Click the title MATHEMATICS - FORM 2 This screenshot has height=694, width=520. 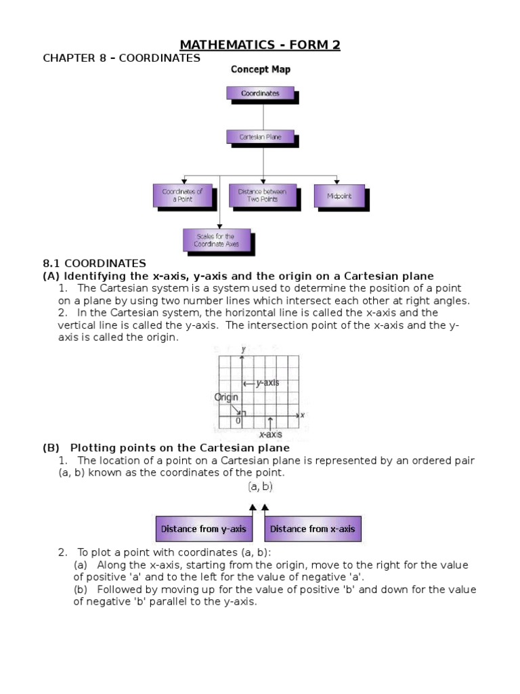click(x=260, y=45)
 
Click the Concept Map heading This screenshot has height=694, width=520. click(x=261, y=69)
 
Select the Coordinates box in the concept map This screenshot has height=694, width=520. click(x=259, y=94)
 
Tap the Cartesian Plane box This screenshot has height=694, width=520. click(x=259, y=136)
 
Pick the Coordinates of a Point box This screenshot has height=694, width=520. click(x=182, y=195)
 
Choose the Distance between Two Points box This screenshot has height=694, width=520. click(x=262, y=195)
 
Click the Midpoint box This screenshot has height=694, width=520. click(x=339, y=195)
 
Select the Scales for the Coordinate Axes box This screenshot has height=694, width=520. click(x=216, y=240)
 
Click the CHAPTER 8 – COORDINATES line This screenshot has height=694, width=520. click(x=121, y=58)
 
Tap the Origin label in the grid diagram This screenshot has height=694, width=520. click(x=226, y=397)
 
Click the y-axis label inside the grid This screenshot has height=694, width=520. click(x=267, y=383)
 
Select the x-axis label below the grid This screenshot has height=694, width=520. click(x=270, y=434)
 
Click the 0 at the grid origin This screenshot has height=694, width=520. click(x=238, y=421)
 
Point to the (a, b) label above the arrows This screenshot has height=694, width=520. click(x=260, y=487)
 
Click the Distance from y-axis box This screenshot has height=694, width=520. click(x=203, y=529)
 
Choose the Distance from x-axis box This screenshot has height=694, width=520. click(x=312, y=529)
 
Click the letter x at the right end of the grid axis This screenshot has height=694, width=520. click(x=303, y=415)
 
